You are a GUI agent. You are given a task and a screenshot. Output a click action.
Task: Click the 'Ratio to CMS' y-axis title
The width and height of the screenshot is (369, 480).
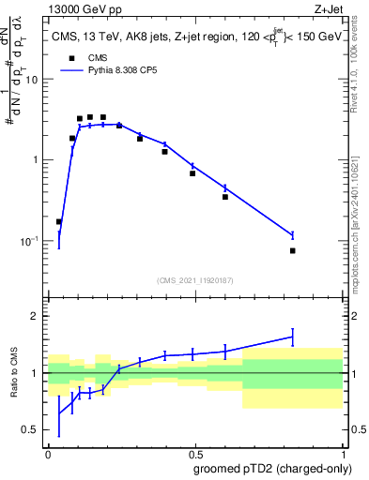coord(12,373)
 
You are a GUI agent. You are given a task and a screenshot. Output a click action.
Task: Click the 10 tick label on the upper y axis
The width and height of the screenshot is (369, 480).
coord(32,80)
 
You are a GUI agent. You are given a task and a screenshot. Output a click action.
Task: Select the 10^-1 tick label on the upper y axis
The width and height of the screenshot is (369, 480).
coord(30,241)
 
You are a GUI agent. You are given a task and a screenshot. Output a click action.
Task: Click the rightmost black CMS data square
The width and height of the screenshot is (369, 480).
coord(293,250)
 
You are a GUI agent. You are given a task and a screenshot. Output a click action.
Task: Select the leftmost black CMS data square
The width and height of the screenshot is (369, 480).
coord(59,222)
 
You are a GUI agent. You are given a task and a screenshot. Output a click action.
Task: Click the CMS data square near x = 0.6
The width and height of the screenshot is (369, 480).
coord(225,197)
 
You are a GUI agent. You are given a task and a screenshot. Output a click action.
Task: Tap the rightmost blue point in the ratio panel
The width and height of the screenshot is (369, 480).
coord(293,337)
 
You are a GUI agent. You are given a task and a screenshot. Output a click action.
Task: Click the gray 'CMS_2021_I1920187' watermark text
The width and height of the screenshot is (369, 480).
coord(194,278)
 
